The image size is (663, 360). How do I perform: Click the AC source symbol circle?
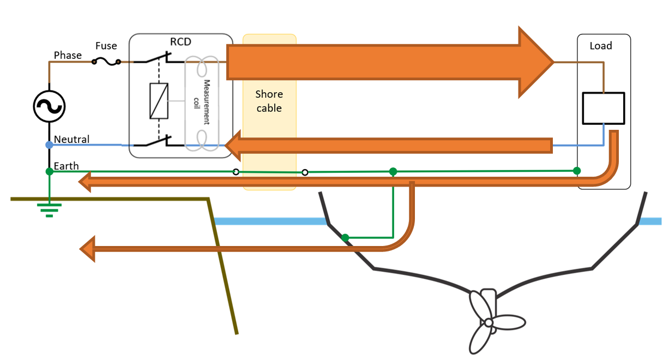(x=49, y=106)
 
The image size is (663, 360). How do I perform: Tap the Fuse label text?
(x=106, y=46)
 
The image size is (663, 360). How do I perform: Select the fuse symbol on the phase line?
(x=106, y=62)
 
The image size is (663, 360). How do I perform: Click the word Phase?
(x=68, y=55)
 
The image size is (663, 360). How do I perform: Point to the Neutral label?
(x=71, y=140)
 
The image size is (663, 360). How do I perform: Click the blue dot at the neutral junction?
(x=49, y=145)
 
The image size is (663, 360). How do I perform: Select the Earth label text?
(x=66, y=166)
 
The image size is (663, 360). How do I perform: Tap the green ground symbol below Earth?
(x=49, y=209)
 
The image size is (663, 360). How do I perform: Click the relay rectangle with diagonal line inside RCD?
(x=159, y=101)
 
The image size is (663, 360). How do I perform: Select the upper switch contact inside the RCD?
(x=159, y=58)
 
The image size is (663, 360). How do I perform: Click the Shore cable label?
(x=269, y=101)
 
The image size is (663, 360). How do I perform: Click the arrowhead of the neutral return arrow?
(x=233, y=146)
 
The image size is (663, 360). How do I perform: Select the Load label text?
(x=601, y=46)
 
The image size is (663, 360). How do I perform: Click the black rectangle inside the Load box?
(x=603, y=108)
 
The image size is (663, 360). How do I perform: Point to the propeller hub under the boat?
(x=489, y=323)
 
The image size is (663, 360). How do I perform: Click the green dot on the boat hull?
(x=345, y=238)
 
